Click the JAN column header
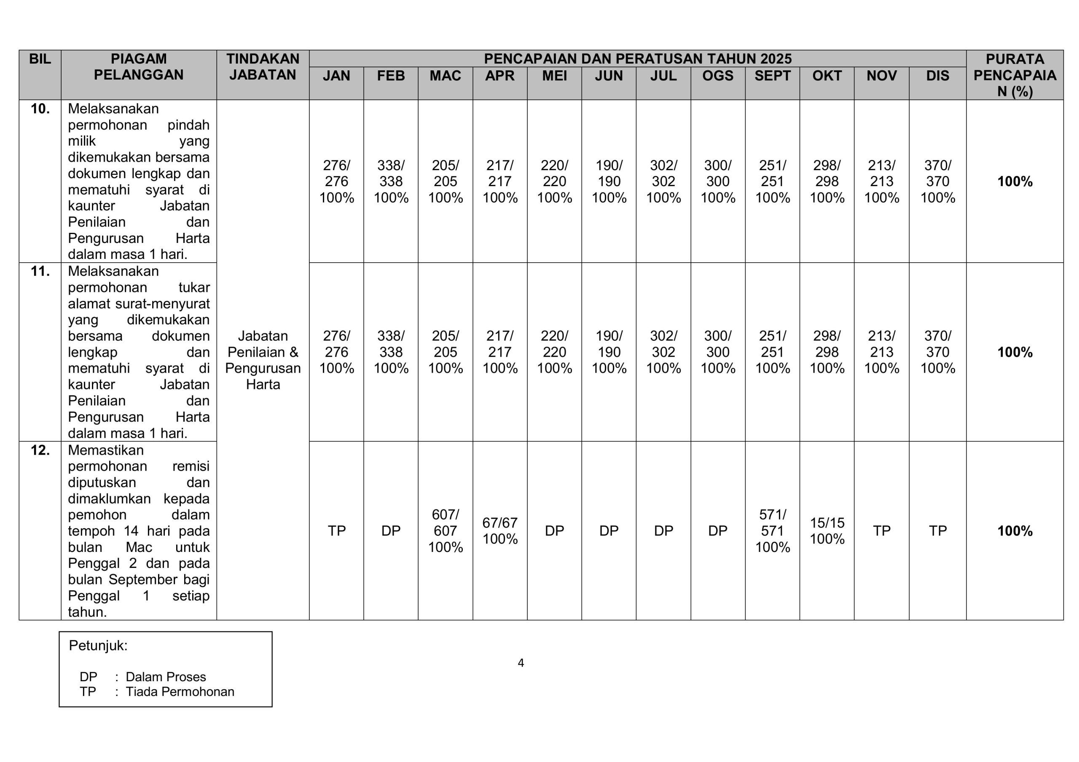336,76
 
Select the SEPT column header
772,76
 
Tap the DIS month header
937,76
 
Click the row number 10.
40,109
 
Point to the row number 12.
40,450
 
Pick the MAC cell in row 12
445,530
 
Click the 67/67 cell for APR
499,530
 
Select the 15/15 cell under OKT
827,530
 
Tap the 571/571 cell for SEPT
772,530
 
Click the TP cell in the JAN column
336,530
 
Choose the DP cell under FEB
391,530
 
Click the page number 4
521,663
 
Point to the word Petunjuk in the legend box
98,645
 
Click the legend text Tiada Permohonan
180,692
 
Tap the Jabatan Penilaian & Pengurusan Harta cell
263,360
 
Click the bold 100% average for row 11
1015,352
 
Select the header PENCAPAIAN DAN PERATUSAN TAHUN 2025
637,59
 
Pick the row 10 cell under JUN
609,181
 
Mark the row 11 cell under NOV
881,352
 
